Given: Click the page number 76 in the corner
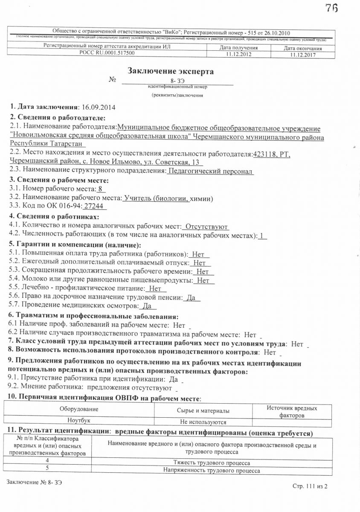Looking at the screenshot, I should point(331,8).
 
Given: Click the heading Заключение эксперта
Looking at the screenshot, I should point(171,71).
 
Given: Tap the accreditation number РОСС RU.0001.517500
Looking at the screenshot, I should point(107,53).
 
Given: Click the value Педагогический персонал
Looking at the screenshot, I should point(211,171).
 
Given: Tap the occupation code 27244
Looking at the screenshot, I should point(94,207).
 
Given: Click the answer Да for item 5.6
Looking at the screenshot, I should point(191,298).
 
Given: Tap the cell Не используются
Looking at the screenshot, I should point(203,422).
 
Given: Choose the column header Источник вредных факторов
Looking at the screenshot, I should point(292,411).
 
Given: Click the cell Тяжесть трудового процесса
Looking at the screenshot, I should point(212,463).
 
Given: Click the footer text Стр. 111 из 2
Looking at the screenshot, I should point(310,486).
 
